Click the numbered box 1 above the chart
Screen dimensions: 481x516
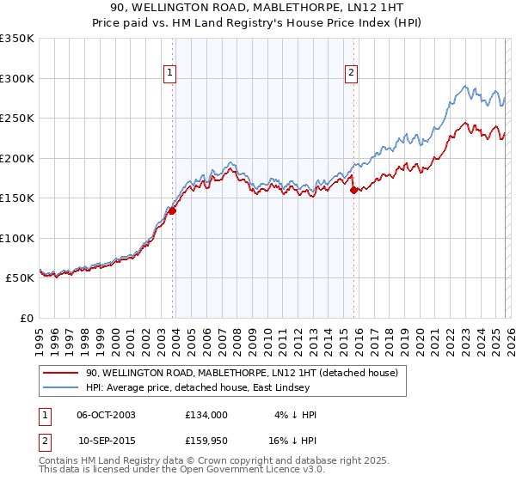pos(171,74)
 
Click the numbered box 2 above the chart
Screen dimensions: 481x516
pos(352,74)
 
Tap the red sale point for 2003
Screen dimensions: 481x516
pos(172,210)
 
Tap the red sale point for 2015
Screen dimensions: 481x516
pos(353,191)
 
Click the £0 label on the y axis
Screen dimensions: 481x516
pos(26,318)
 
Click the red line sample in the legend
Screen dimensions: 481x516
pos(61,374)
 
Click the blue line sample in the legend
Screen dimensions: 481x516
pos(61,388)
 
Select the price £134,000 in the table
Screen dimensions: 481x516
pos(206,415)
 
